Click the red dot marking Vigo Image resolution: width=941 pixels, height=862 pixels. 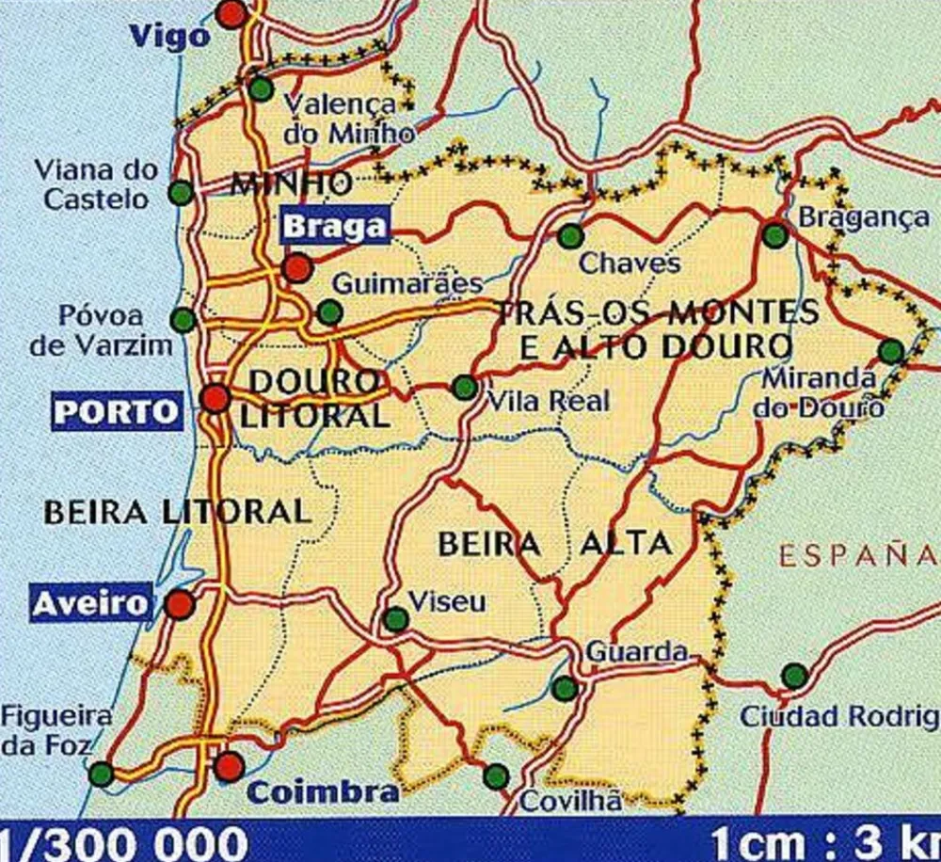click(231, 13)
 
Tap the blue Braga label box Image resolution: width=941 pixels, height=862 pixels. click(335, 226)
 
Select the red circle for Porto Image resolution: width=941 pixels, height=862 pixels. click(215, 398)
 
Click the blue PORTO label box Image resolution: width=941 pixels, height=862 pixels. click(117, 411)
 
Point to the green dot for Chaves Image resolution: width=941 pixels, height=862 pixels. click(570, 236)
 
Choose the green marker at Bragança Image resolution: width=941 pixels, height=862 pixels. click(774, 235)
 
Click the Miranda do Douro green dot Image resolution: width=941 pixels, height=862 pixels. click(891, 352)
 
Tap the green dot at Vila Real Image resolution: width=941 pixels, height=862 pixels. click(465, 387)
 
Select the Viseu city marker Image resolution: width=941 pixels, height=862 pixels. click(396, 619)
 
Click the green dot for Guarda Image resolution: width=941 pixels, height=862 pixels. click(565, 688)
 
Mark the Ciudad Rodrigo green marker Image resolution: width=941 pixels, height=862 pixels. click(795, 676)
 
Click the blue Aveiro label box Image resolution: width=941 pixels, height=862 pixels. click(91, 603)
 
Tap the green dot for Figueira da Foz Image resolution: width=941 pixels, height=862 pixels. click(101, 774)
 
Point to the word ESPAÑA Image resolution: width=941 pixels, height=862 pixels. click(856, 555)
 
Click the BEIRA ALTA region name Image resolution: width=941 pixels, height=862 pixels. click(555, 543)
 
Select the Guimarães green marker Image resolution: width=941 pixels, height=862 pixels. click(329, 312)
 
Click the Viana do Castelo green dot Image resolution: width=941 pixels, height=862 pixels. click(181, 193)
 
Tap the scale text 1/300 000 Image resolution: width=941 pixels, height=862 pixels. click(122, 842)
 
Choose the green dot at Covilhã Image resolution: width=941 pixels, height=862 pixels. click(496, 776)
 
